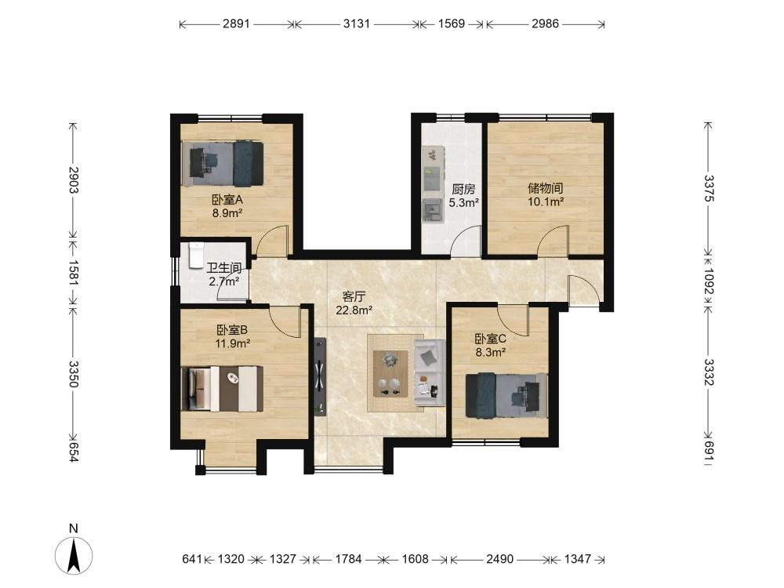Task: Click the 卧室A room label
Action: pos(227,200)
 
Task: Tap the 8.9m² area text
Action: pos(227,213)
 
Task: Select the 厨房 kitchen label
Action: pos(463,189)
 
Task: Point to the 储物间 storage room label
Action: pos(546,188)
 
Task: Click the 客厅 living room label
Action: pos(354,297)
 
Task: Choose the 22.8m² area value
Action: pos(354,310)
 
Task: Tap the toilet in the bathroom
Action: pos(197,254)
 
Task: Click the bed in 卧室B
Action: pos(222,389)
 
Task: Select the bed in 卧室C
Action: pos(506,395)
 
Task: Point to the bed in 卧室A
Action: pos(223,164)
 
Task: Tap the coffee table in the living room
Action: pos(390,373)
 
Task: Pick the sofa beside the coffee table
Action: pos(429,372)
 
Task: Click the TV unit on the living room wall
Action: pos(320,376)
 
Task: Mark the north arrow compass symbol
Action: pos(74,555)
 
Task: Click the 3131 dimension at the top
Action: pos(357,24)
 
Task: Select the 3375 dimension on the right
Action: pos(709,188)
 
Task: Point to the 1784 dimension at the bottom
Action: pos(349,558)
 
